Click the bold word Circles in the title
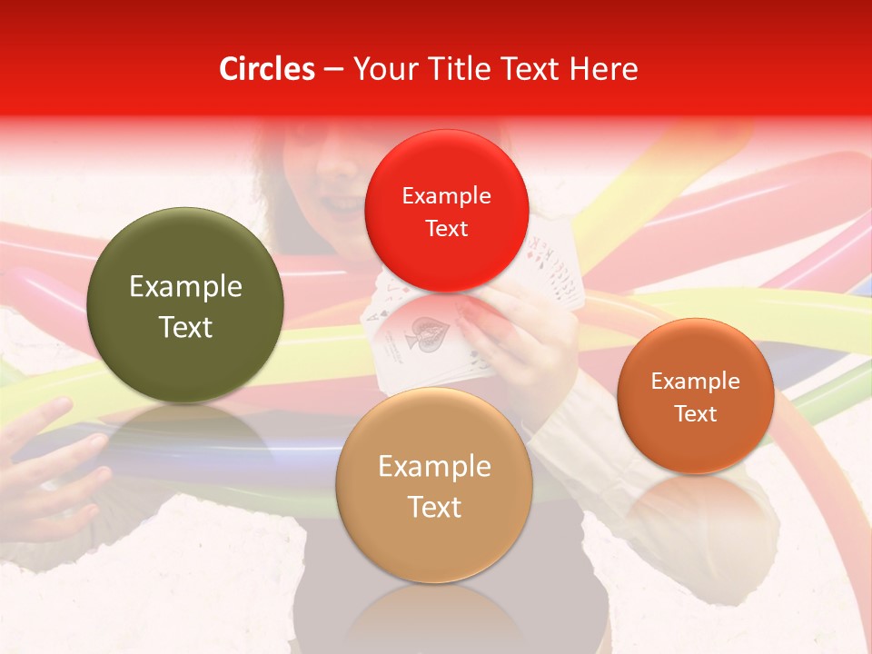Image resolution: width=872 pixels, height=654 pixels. [267, 69]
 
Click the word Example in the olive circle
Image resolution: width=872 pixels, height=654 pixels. [185, 287]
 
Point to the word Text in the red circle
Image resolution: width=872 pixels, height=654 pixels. [446, 229]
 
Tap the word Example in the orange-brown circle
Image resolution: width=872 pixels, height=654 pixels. [695, 381]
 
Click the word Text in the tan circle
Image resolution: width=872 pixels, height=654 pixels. [434, 507]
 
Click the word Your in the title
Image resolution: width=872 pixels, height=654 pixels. [381, 69]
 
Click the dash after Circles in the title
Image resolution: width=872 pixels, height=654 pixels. [332, 70]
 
